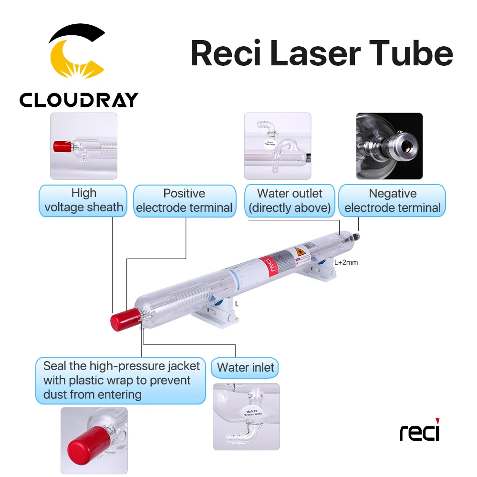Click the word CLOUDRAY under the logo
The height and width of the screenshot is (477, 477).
79,100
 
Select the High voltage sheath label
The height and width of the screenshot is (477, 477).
83,201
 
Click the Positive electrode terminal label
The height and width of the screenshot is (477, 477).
184,201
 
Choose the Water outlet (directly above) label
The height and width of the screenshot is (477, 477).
290,201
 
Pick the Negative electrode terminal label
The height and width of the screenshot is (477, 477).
392,201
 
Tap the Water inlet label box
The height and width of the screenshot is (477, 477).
246,368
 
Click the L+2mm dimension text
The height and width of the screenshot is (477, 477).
345,262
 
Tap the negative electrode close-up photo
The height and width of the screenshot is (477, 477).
389,146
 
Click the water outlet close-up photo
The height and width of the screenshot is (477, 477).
277,146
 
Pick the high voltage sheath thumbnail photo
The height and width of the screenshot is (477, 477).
83,146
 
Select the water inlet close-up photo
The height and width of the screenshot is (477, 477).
246,416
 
